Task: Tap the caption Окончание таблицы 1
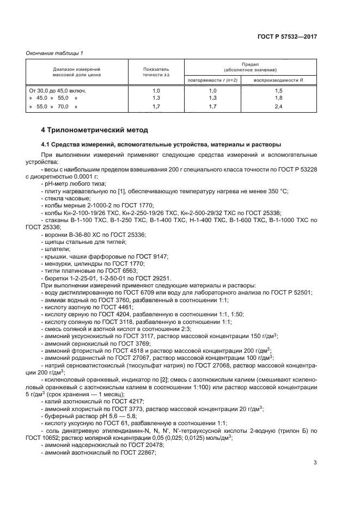pyautogui.click(x=54, y=53)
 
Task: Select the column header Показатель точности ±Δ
pyautogui.click(x=156, y=73)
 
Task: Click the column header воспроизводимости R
pyautogui.click(x=278, y=80)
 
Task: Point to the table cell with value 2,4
pyautogui.click(x=278, y=107)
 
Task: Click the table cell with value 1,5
pyautogui.click(x=278, y=90)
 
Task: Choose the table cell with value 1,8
pyautogui.click(x=278, y=98)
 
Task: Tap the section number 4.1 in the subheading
pyautogui.click(x=47, y=145)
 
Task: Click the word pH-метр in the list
pyautogui.click(x=57, y=184)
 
